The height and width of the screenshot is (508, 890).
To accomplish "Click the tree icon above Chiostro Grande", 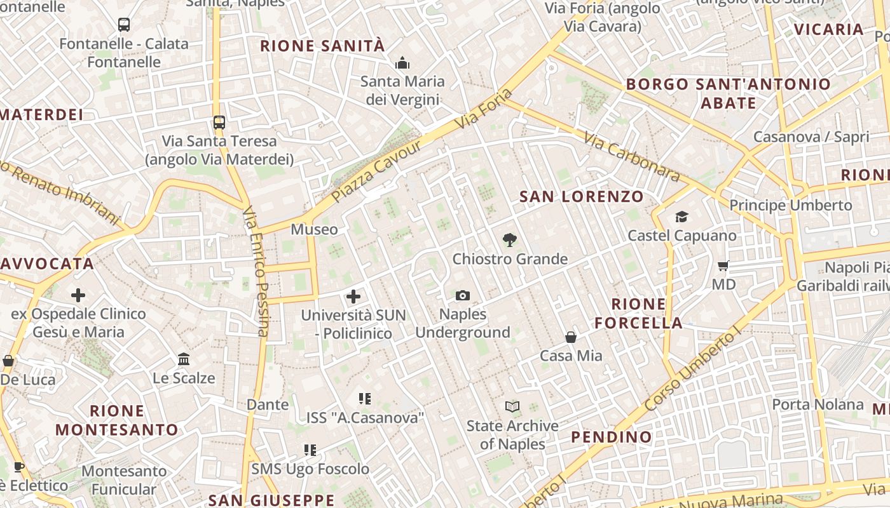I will [509, 240].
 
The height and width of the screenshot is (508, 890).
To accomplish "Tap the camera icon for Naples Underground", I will [463, 295].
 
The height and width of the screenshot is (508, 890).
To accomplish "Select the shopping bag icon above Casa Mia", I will [571, 337].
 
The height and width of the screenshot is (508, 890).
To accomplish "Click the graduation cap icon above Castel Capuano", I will [681, 217].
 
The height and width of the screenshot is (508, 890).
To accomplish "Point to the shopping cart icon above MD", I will [723, 265].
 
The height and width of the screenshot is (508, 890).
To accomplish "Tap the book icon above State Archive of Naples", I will [512, 406].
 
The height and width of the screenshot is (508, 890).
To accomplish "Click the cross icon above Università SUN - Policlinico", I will [353, 296].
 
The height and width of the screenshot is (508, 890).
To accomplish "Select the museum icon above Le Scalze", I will [184, 359].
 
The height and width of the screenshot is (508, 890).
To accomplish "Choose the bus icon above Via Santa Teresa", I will [219, 122].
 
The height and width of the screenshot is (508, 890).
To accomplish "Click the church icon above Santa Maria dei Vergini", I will [402, 63].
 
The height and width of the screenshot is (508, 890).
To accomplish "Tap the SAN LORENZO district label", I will [582, 197].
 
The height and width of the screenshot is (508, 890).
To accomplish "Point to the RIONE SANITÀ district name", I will [322, 46].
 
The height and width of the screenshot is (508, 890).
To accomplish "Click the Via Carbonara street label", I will [631, 156].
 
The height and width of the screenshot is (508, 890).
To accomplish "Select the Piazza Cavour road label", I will [376, 171].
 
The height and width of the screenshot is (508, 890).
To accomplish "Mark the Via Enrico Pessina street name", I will [256, 271].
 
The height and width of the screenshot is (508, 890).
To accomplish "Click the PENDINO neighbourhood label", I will [611, 437].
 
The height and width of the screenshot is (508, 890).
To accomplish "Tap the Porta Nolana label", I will [818, 404].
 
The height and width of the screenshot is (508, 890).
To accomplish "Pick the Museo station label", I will [314, 229].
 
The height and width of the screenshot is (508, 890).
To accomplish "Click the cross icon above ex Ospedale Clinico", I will [78, 295].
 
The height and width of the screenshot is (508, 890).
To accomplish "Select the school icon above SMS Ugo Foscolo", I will [310, 450].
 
